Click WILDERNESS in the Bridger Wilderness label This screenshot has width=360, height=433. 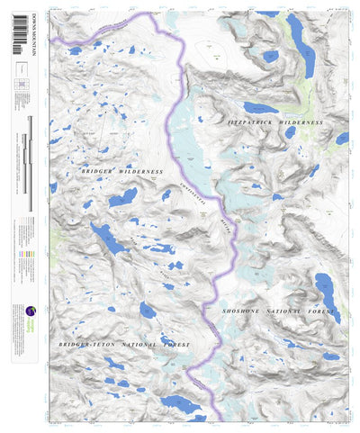coord(139,170)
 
